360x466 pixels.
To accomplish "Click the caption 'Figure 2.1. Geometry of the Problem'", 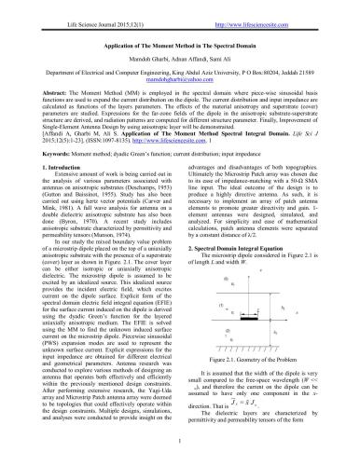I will click(262, 359).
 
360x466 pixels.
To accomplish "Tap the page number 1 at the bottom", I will click(179, 455).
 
